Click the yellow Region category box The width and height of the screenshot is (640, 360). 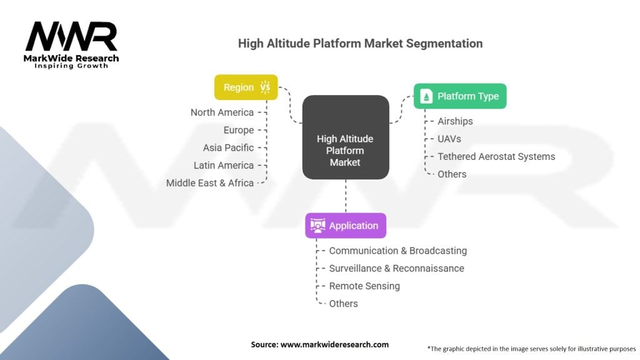(x=246, y=87)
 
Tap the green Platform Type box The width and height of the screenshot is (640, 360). (x=460, y=96)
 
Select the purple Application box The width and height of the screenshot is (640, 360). (x=346, y=226)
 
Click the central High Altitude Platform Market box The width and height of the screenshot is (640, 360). (x=346, y=151)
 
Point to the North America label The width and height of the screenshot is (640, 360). (x=222, y=112)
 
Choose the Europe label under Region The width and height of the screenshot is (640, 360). (x=239, y=130)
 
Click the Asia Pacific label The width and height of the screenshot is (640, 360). (x=228, y=147)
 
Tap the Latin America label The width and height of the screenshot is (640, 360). (x=223, y=165)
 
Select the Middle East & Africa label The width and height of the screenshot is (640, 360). (x=210, y=183)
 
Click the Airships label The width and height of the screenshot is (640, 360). (x=455, y=121)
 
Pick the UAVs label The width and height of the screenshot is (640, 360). (x=449, y=139)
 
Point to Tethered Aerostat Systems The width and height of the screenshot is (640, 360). (x=496, y=156)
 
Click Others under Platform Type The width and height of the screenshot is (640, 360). (x=452, y=174)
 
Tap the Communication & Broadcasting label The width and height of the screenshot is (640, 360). (x=397, y=251)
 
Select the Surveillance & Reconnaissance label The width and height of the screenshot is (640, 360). (x=396, y=268)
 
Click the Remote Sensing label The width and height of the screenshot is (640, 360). (x=364, y=286)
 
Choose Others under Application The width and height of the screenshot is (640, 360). (x=343, y=304)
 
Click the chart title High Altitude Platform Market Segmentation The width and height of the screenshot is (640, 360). (x=360, y=44)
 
